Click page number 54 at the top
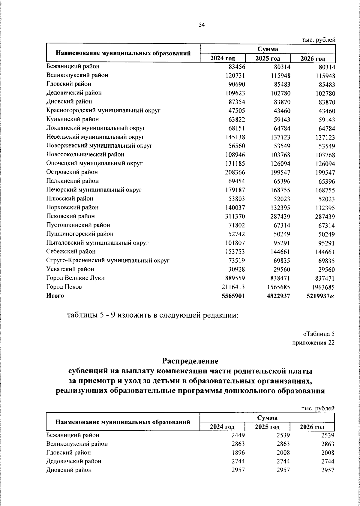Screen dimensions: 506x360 click(x=202, y=25)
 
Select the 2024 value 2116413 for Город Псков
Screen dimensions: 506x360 click(x=233, y=287)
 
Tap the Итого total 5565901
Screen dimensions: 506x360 click(x=233, y=296)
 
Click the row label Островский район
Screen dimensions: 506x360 click(x=72, y=172)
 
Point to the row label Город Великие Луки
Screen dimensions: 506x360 click(x=76, y=278)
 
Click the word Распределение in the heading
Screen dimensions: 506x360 click(x=190, y=360)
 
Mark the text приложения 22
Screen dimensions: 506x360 click(x=313, y=343)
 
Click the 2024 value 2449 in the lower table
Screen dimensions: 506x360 click(x=238, y=435)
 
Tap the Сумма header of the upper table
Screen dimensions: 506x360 click(x=268, y=49)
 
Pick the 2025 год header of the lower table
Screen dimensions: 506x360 click(x=267, y=427)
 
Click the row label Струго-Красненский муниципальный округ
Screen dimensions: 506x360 click(x=108, y=260)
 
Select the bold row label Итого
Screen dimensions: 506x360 click(x=55, y=296)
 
